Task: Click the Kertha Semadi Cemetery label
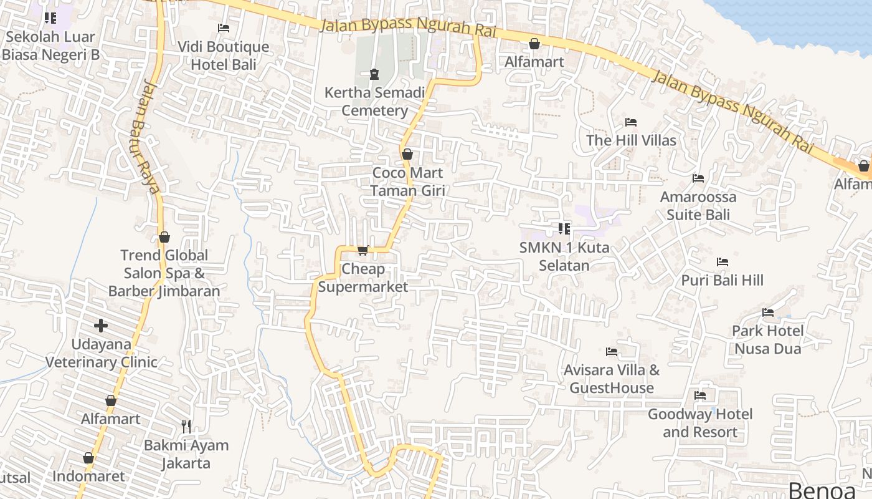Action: click(374, 102)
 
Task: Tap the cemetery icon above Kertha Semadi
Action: click(374, 75)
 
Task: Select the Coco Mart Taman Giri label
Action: click(407, 182)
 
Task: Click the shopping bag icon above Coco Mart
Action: click(407, 154)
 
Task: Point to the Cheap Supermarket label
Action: click(363, 278)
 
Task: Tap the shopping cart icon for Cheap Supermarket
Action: click(363, 250)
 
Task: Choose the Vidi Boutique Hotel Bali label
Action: click(223, 55)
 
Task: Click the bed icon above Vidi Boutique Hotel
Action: click(223, 28)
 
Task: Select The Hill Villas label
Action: click(631, 140)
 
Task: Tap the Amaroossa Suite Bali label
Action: click(698, 206)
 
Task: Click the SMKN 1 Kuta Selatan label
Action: click(564, 256)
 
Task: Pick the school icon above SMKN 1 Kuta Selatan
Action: click(564, 229)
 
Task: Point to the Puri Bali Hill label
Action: click(722, 280)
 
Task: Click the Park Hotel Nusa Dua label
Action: click(767, 339)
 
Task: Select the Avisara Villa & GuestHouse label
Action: click(612, 379)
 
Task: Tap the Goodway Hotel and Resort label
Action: click(700, 423)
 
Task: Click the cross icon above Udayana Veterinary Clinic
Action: click(101, 326)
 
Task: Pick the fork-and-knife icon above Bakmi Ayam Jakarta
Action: click(186, 427)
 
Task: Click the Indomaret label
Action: click(88, 477)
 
